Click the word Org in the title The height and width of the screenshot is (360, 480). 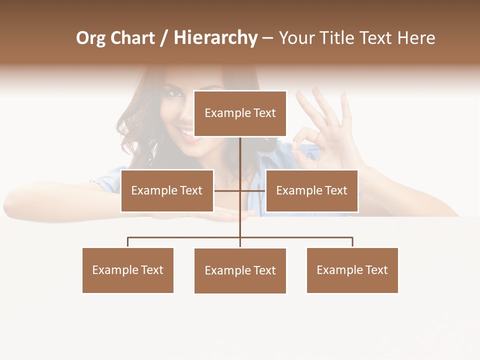coord(91,38)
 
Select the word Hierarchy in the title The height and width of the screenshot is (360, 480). coord(215,38)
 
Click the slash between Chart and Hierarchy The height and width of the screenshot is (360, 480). coord(164,38)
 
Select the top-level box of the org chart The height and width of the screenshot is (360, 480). coord(240,113)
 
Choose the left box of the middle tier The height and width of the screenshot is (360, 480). coord(167,190)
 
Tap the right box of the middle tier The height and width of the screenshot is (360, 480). coord(311,190)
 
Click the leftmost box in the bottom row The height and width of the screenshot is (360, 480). coord(128,270)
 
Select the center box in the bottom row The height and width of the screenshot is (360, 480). coord(240,270)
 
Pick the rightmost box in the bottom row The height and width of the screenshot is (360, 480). coord(352,270)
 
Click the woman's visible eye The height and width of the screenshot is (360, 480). coord(174,93)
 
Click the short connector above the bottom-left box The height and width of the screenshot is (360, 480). coord(128,242)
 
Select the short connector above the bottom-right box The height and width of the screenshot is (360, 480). coord(352,242)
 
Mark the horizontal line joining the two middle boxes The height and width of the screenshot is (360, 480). coord(227,190)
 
